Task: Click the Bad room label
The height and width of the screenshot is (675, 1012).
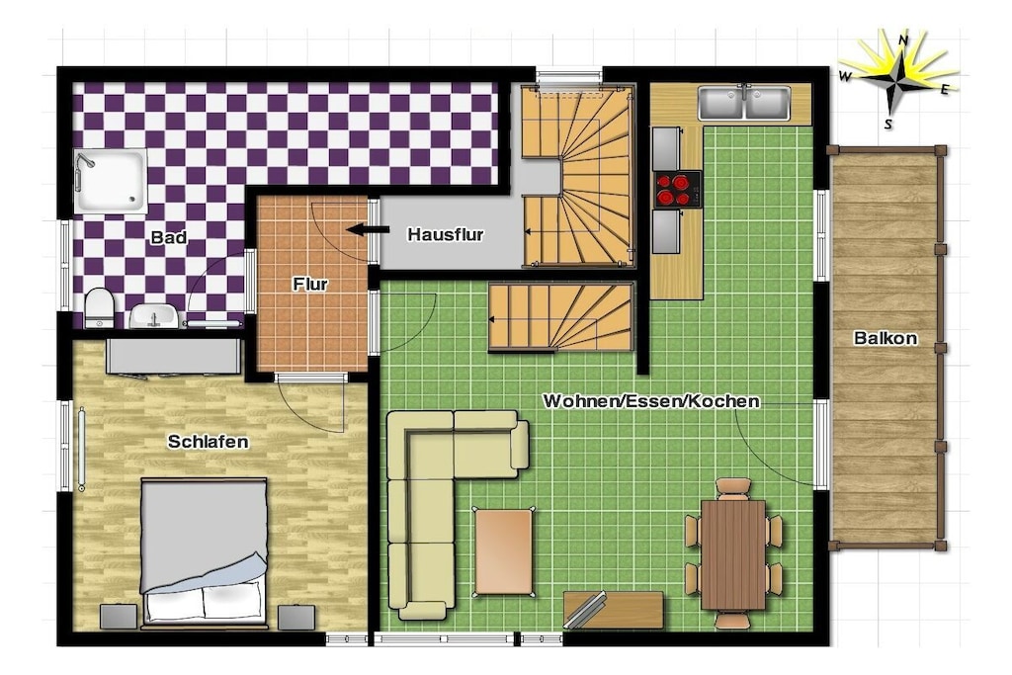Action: click(169, 237)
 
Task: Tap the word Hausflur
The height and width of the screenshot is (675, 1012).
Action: click(446, 235)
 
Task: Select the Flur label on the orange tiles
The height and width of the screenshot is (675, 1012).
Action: click(310, 284)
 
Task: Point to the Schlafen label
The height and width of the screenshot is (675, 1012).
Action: click(208, 442)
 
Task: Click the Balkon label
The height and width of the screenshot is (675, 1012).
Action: click(885, 338)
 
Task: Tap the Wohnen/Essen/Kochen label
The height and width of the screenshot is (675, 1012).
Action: click(651, 400)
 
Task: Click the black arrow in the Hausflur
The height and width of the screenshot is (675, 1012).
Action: click(368, 229)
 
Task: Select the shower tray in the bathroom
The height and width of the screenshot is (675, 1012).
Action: click(111, 181)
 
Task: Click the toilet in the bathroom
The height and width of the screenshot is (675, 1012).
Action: click(100, 307)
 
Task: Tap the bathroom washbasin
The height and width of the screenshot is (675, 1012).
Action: click(154, 316)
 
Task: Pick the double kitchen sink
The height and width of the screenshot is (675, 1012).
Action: click(744, 103)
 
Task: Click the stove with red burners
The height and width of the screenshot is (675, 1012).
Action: click(677, 189)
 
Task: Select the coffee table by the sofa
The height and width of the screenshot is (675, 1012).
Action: click(504, 551)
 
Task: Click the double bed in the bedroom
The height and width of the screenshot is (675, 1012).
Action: click(204, 552)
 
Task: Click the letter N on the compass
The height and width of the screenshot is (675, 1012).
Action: click(904, 40)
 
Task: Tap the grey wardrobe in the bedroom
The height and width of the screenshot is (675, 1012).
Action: click(173, 356)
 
